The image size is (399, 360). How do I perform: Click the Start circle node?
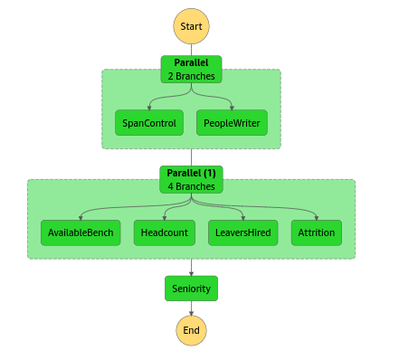tap(191, 26)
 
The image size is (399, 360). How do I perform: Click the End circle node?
tap(191, 330)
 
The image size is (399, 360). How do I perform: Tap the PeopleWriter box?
tap(232, 122)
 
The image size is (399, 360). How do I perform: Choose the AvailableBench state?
tap(81, 232)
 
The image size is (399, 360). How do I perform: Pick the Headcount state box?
tap(165, 232)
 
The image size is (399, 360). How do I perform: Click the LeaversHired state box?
tap(242, 232)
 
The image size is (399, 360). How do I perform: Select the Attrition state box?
tap(316, 232)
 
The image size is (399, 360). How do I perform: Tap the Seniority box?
tap(191, 289)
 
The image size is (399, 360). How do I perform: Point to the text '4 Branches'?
tap(191, 186)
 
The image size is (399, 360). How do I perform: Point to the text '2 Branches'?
tap(191, 77)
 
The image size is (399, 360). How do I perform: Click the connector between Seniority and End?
tap(191, 308)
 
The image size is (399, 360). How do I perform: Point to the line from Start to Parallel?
tap(191, 50)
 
